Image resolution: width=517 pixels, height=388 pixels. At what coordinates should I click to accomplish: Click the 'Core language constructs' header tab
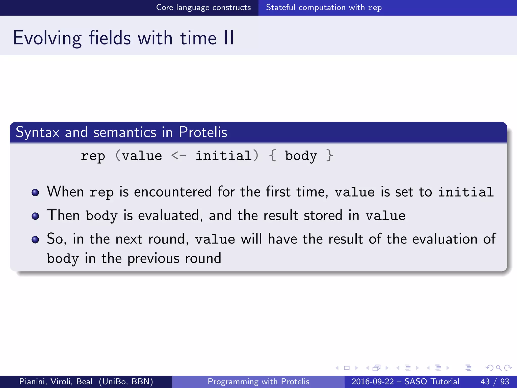pos(203,8)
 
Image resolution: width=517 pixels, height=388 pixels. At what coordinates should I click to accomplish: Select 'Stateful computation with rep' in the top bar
pos(324,8)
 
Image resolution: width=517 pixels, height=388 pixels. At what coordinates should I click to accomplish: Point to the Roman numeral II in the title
pos(229,38)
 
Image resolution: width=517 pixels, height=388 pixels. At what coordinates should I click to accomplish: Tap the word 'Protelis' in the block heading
pos(203,132)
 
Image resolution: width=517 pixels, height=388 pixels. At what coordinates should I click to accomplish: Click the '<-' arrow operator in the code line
pos(178,156)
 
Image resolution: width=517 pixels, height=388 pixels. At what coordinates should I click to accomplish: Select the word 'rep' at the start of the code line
pos(93,156)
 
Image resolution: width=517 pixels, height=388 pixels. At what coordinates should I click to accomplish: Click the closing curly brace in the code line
pos(329,156)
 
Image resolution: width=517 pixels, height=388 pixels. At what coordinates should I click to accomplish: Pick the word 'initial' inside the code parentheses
pos(223,156)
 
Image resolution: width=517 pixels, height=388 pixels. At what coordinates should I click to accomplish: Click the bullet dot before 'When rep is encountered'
pos(35,192)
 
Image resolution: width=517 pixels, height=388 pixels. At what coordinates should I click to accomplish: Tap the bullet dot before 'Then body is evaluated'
pos(35,216)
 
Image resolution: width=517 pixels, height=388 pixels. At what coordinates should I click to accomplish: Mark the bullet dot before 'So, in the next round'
pos(35,239)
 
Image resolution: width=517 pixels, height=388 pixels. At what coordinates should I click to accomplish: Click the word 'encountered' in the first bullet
pos(173,191)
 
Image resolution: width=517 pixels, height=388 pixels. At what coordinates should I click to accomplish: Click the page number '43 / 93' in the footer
pos(495,381)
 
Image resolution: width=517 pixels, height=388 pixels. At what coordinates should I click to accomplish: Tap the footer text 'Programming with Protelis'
pos(258,381)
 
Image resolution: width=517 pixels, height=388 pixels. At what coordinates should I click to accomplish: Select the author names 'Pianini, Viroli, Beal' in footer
pos(56,381)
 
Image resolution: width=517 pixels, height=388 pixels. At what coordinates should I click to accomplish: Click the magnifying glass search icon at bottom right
pos(499,368)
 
